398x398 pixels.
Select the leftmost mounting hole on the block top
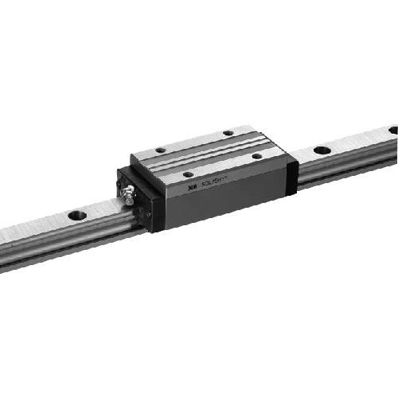click(160, 149)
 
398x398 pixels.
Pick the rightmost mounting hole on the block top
click(257, 156)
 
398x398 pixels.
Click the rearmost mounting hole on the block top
click(228, 133)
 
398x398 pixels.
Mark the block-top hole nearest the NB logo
click(188, 173)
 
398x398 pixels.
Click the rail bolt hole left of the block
click(77, 215)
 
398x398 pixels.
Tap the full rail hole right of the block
click(322, 150)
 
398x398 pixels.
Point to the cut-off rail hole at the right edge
click(393, 130)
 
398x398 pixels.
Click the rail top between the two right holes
click(358, 139)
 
